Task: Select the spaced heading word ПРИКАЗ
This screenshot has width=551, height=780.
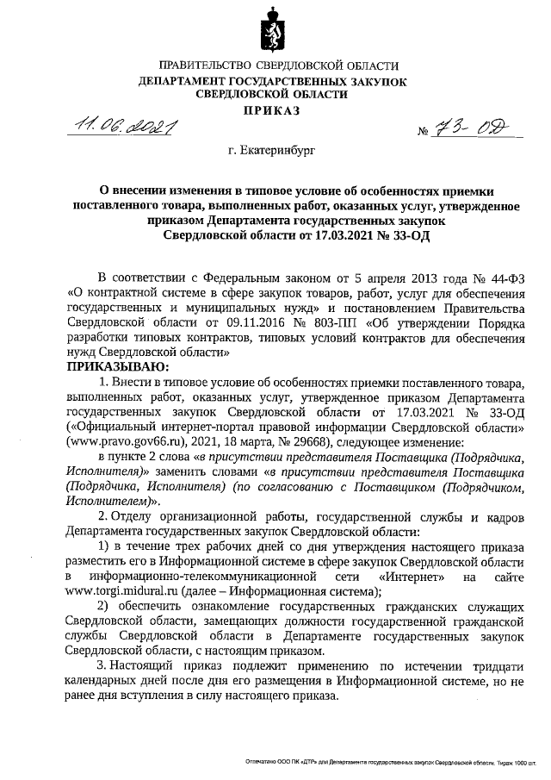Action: [275, 110]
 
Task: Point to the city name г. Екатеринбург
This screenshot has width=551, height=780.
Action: [271, 150]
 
